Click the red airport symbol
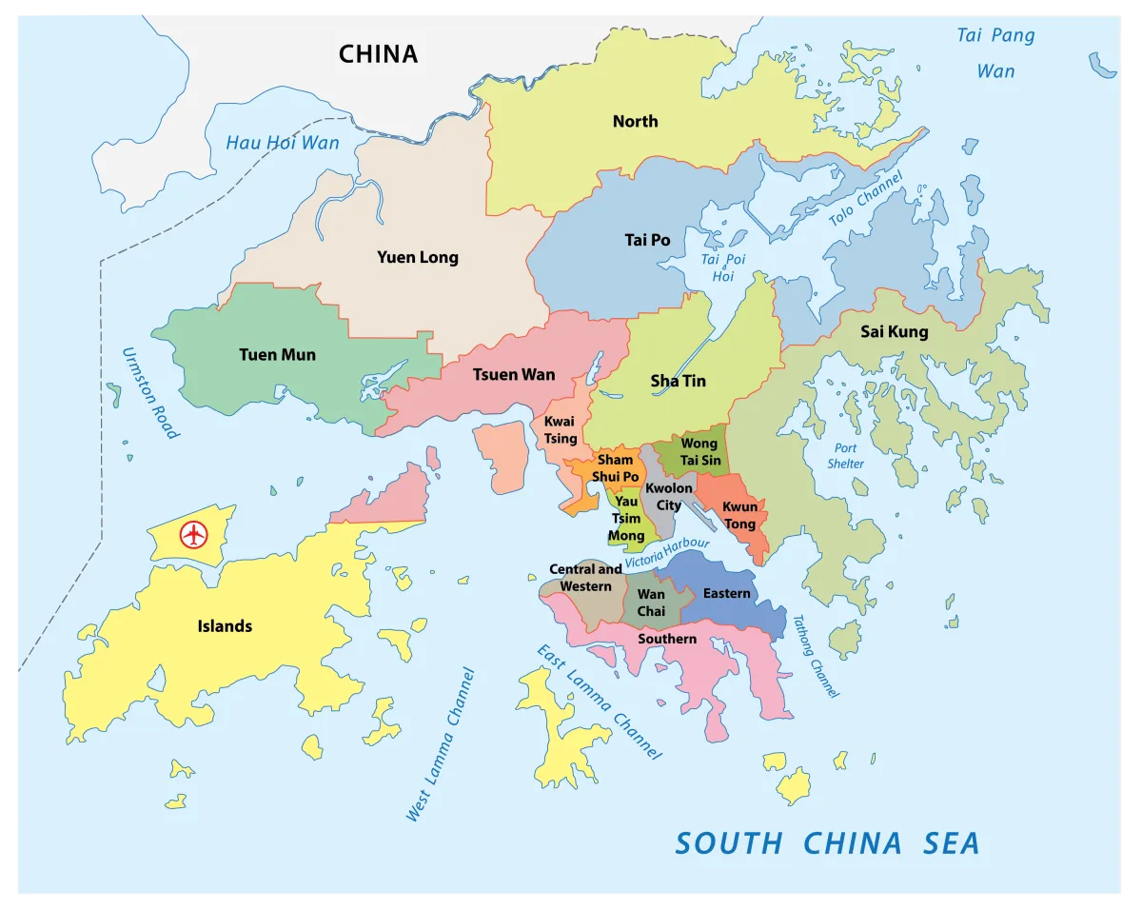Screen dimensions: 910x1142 194,535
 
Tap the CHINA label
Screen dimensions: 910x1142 378,54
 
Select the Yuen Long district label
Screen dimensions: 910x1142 417,257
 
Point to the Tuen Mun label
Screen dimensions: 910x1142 277,355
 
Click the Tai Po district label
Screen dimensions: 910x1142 647,240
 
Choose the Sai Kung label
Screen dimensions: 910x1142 894,332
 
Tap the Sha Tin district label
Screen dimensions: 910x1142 678,381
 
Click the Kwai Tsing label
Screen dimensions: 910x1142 561,430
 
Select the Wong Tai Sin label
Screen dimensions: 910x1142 699,452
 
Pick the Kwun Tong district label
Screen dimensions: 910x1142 739,515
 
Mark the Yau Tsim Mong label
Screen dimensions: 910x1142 626,519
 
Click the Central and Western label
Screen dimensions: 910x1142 585,578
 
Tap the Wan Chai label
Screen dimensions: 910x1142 651,603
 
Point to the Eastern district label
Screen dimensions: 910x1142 726,594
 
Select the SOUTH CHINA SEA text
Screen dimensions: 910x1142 826,843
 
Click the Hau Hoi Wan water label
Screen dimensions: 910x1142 282,144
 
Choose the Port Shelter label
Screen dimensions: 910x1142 845,456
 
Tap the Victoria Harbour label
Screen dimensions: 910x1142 667,555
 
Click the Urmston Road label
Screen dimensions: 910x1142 149,392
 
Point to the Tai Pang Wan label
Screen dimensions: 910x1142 995,53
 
